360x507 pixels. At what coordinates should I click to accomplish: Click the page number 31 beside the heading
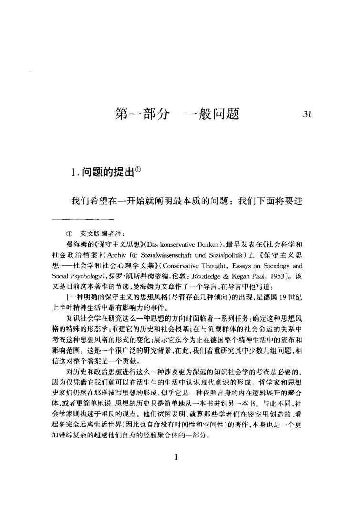[307, 114]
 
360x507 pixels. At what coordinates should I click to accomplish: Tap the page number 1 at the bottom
[176, 457]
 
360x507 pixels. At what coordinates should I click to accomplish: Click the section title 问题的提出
[106, 173]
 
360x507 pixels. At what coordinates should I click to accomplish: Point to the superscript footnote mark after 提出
[138, 169]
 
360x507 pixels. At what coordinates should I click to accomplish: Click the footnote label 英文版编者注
[102, 233]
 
